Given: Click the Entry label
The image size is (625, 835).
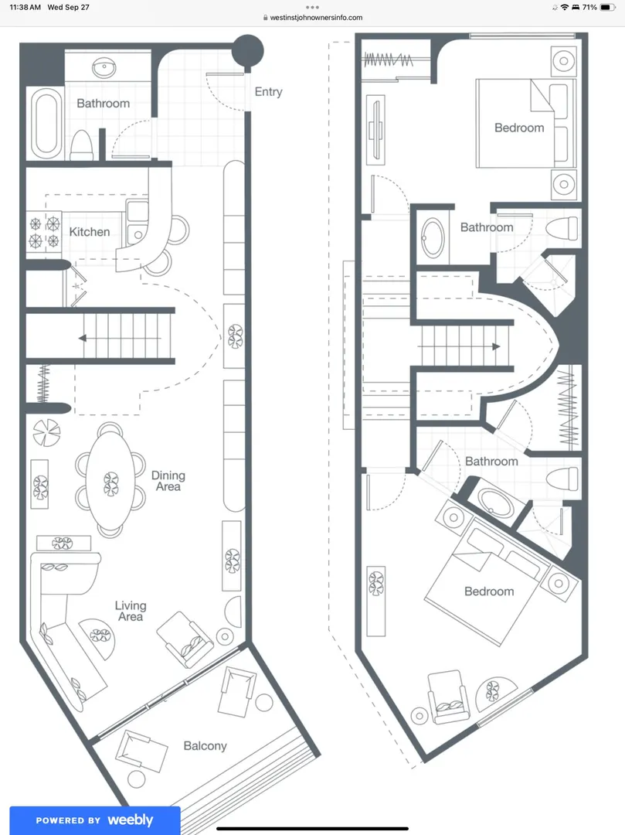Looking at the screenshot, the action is (x=268, y=92).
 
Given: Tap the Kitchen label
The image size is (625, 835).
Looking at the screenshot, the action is (x=90, y=232).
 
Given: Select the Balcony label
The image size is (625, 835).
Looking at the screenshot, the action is (x=205, y=746).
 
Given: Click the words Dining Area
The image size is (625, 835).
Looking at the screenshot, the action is (x=168, y=480).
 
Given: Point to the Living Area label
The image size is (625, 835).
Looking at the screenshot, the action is (x=131, y=611).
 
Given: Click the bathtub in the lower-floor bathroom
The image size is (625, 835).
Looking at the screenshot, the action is (x=46, y=124).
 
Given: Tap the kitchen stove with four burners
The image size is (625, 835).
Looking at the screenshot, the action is (x=44, y=232).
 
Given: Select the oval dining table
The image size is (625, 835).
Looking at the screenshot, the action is (x=110, y=481).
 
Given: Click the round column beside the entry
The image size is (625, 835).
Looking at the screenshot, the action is (x=248, y=51).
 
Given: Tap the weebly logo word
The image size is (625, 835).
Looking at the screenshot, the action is (x=131, y=820).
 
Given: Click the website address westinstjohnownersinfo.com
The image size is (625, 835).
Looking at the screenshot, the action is (x=316, y=18).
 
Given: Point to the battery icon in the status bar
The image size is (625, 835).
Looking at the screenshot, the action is (x=607, y=8).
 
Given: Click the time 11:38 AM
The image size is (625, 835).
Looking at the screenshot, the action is (x=25, y=8).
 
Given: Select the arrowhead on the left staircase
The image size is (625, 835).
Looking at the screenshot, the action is (x=83, y=338).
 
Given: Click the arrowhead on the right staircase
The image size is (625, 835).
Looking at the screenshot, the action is (x=496, y=346).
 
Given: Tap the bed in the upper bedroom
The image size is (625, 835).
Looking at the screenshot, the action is (x=526, y=123).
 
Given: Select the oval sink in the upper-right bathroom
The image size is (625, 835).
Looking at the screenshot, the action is (x=433, y=238).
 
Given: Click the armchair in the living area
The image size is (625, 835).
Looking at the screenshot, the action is (x=185, y=639).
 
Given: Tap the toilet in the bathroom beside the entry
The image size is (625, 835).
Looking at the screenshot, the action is (x=81, y=145).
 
